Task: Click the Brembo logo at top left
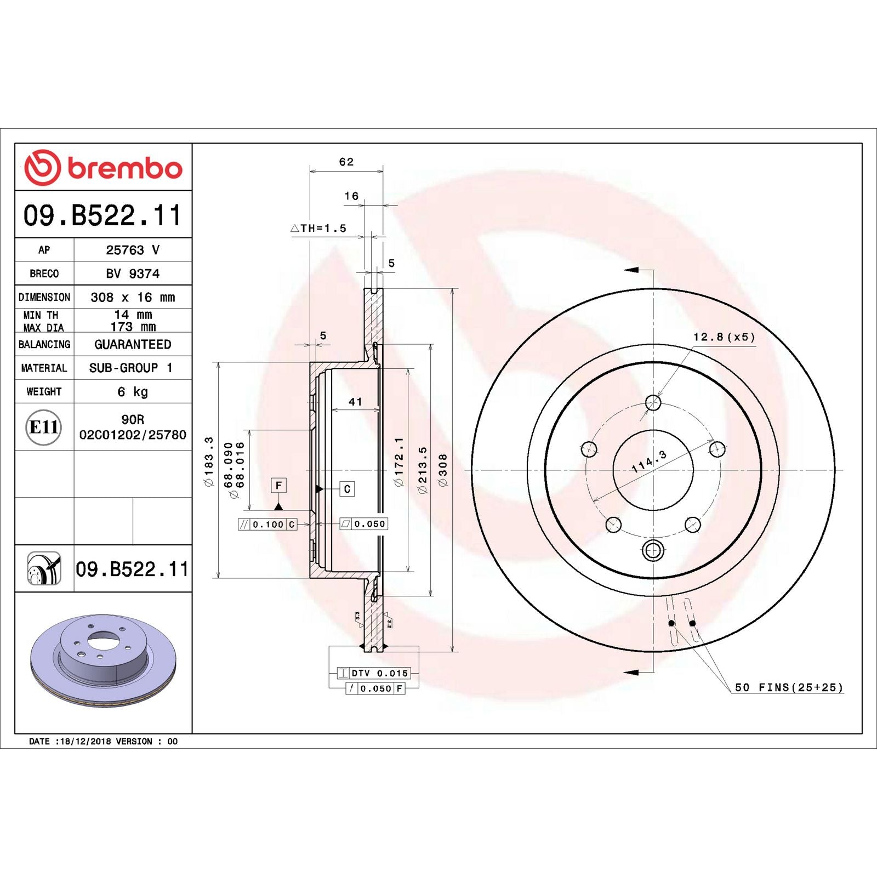[x=103, y=167]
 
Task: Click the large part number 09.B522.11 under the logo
[x=102, y=215]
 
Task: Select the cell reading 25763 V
[x=133, y=250]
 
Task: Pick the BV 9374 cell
[x=133, y=274]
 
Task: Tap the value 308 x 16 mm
[x=133, y=297]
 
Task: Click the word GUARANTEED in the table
[x=133, y=344]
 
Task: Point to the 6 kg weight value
[x=133, y=391]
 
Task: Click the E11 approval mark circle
[x=43, y=427]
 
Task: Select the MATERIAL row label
[x=44, y=368]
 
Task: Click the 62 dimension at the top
[x=346, y=162]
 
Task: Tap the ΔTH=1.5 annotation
[x=318, y=228]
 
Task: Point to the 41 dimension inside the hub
[x=355, y=402]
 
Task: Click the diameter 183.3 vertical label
[x=208, y=462]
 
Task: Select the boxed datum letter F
[x=278, y=485]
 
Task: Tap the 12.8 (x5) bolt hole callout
[x=724, y=337]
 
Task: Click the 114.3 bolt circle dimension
[x=649, y=462]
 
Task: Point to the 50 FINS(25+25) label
[x=788, y=687]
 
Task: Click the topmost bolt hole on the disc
[x=653, y=403]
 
